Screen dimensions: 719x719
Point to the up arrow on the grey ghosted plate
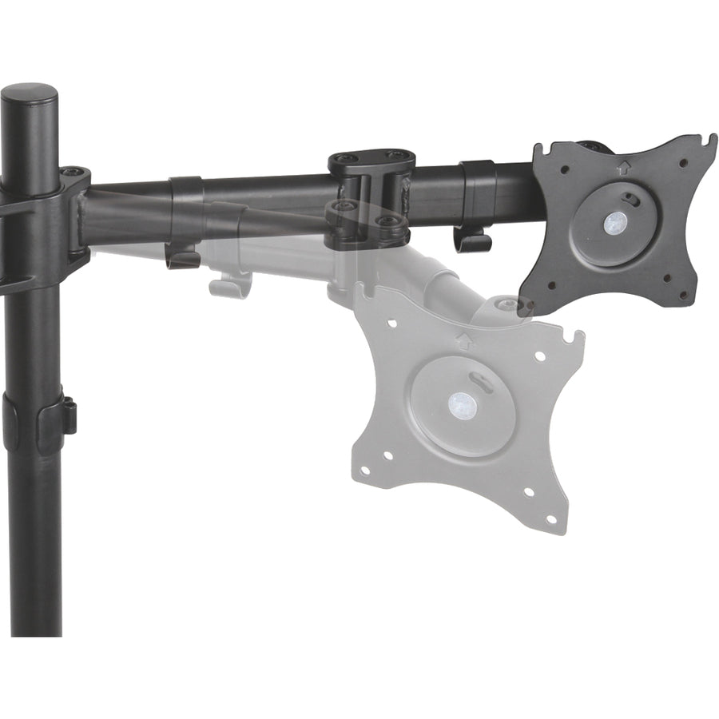[x=462, y=339]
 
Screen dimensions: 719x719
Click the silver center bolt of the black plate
[x=614, y=221]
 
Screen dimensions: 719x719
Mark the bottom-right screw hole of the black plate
[x=682, y=294]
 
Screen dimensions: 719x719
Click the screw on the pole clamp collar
[x=73, y=173]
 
